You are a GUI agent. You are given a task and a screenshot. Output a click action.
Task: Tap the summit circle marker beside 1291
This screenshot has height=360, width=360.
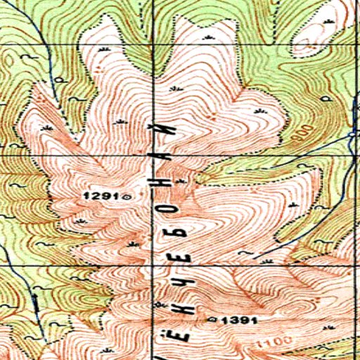coord(127,198)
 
